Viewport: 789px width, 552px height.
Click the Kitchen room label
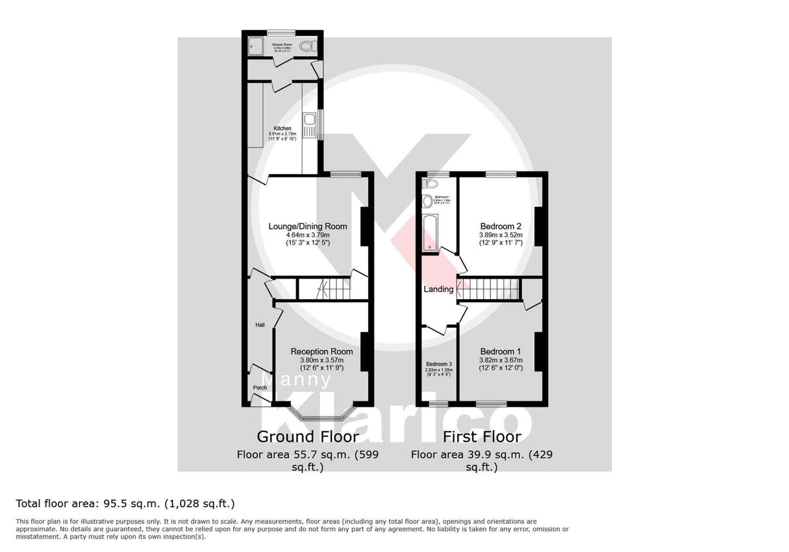282,128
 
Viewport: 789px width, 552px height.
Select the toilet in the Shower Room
308,47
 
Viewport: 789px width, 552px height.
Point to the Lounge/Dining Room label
308,226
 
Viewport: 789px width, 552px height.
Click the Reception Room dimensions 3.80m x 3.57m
322,360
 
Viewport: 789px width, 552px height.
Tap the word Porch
260,387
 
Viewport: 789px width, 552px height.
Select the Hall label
260,325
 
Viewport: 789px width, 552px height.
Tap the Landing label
438,289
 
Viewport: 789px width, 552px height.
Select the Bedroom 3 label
439,364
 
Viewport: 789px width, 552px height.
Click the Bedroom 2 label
501,226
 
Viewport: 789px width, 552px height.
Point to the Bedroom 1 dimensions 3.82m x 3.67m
501,360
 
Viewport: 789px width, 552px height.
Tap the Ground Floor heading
308,437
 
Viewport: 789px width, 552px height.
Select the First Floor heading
482,437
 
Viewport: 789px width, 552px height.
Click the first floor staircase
489,289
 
